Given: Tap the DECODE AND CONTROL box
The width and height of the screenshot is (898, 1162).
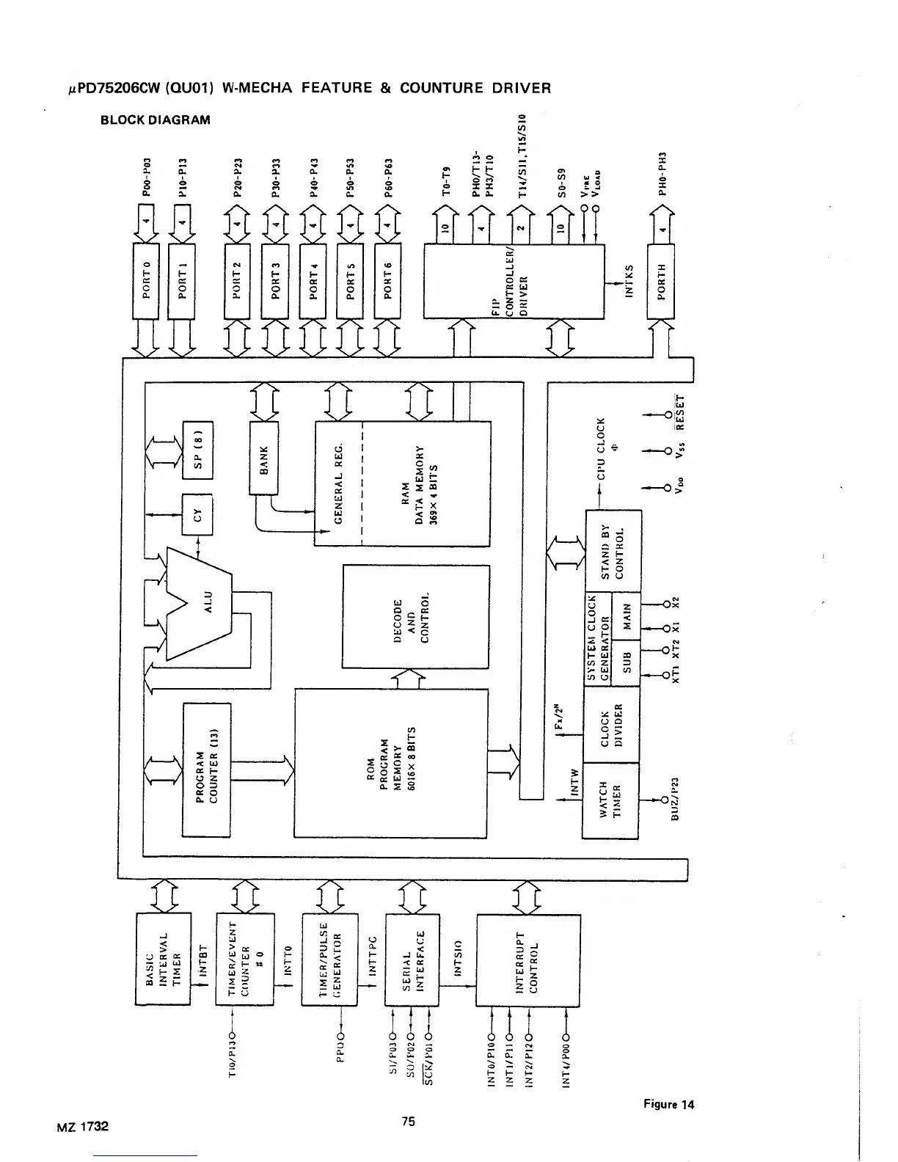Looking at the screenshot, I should (415, 616).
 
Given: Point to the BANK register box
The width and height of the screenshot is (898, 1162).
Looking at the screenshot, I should (265, 458).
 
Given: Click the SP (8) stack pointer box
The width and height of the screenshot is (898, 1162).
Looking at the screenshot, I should (197, 449).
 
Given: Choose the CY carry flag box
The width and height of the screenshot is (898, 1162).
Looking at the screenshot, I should (197, 515).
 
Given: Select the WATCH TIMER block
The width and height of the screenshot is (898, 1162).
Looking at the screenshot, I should (610, 800).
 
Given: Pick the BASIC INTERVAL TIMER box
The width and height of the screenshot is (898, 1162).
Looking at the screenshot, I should (164, 959).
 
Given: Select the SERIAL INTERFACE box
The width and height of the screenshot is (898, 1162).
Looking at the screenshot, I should (411, 959).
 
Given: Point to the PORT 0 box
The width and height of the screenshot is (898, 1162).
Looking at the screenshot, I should (146, 280).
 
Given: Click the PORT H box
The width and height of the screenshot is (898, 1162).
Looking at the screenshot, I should (660, 280).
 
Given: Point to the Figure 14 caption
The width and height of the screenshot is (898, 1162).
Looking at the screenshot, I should (668, 1104).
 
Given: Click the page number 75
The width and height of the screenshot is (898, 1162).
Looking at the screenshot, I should (409, 1121).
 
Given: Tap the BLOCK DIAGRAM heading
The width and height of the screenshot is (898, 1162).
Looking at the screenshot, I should (156, 120).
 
